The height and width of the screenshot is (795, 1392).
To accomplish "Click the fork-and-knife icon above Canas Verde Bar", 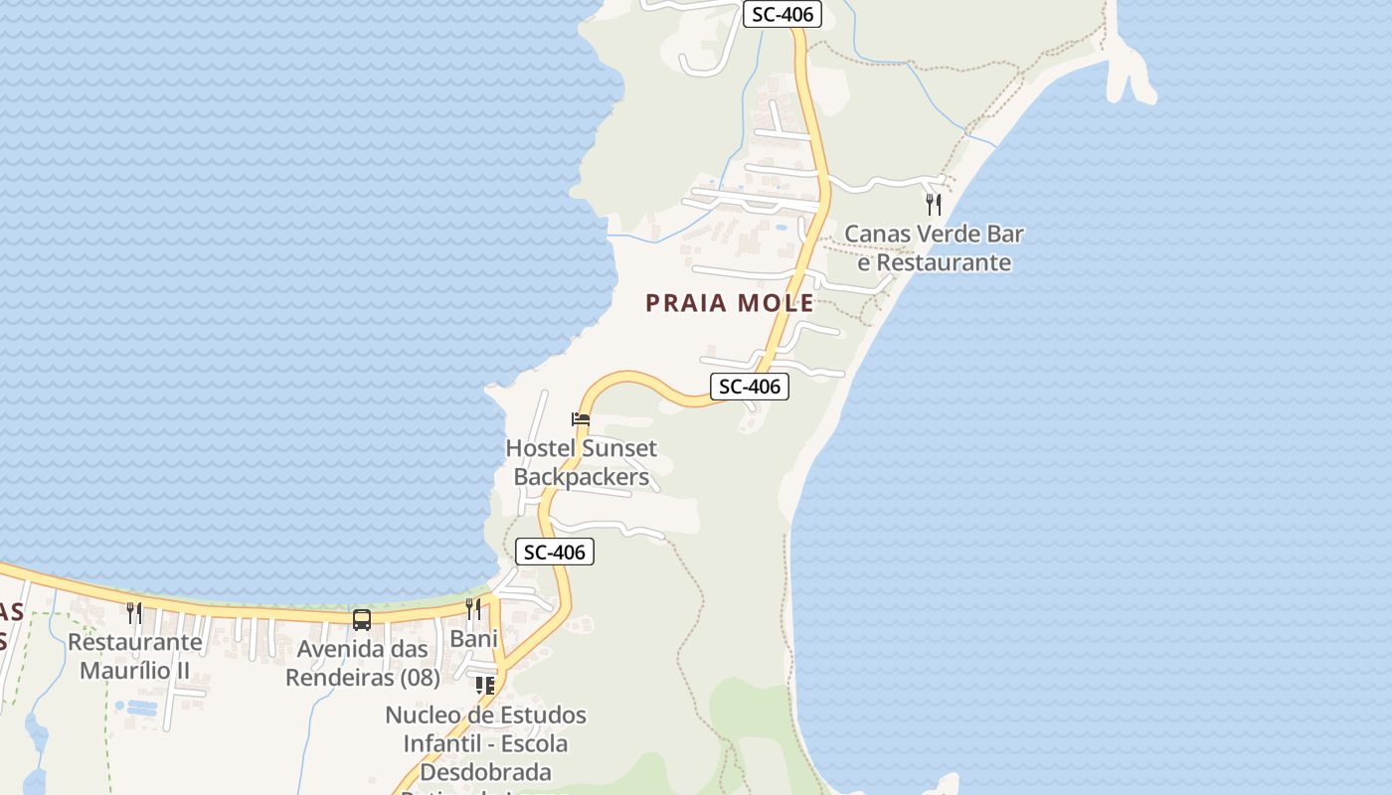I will point(933,205).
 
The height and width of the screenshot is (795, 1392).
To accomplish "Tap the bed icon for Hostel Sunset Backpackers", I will point(581,419).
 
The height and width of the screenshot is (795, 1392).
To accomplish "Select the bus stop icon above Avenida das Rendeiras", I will point(362,620).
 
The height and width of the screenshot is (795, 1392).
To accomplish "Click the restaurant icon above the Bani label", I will point(473,608).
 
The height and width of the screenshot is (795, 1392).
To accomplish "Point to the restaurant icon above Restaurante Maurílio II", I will point(134,612).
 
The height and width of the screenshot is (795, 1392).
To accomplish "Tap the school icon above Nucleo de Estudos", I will point(485,685).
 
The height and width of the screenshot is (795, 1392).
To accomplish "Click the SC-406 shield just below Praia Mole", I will point(749,387).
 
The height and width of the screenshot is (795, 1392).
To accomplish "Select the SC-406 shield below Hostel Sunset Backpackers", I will point(555,553).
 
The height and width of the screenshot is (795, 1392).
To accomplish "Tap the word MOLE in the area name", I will point(775,304).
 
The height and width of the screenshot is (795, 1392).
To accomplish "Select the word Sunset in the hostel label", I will point(618,448).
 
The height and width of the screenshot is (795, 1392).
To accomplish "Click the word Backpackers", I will point(581,477).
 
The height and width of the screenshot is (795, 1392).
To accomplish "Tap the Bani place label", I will point(473,639).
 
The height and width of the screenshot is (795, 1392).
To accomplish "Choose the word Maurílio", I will point(125,671).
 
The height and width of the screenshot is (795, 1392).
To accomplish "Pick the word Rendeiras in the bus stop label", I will point(342,678).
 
